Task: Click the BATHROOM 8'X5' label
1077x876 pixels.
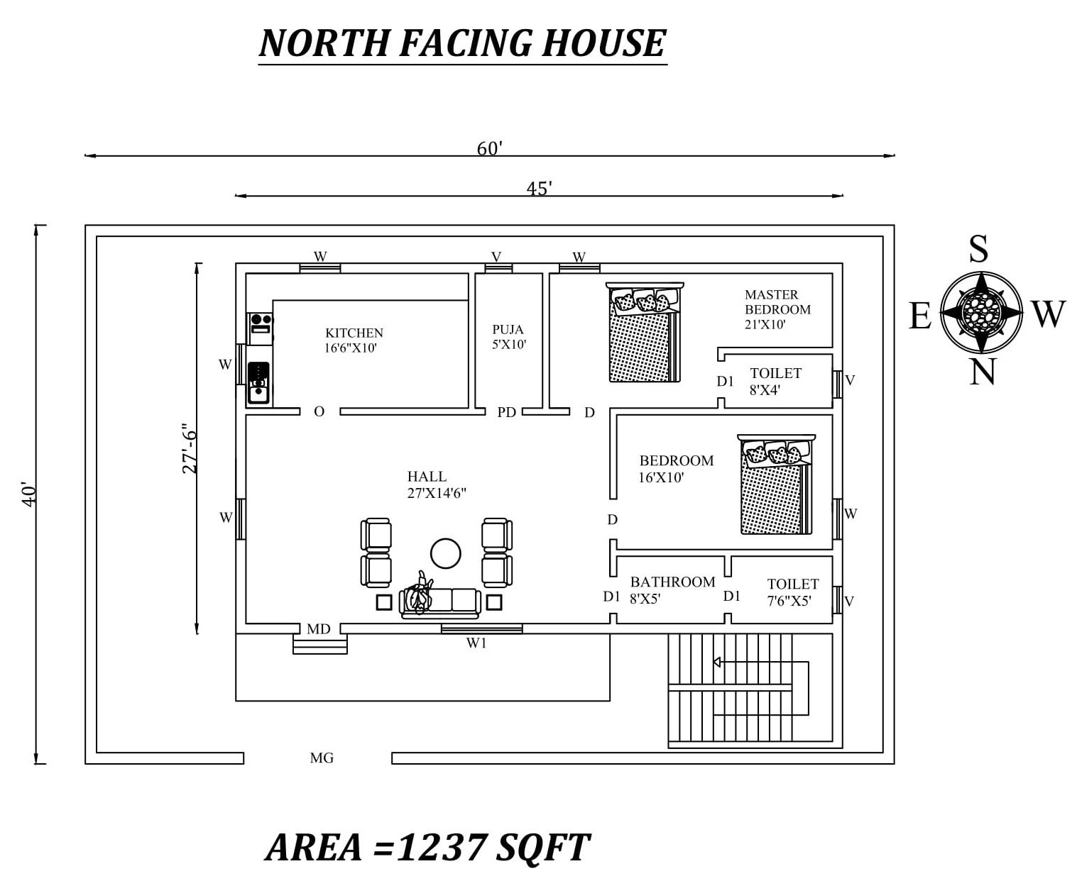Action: [x=672, y=590]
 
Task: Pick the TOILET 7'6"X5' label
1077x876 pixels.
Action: [x=792, y=592]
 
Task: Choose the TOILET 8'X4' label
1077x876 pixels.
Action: [x=775, y=382]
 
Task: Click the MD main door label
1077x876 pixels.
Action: [x=319, y=629]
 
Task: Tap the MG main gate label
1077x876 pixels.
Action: [x=322, y=758]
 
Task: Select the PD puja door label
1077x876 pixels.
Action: [x=506, y=412]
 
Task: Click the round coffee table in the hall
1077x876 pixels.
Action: [x=445, y=554]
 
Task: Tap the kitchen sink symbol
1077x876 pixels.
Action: [x=258, y=382]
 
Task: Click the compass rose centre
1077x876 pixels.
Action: [x=981, y=313]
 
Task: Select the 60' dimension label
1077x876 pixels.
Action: [x=489, y=148]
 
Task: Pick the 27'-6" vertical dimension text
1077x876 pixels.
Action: [x=189, y=448]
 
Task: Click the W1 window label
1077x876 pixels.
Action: [x=476, y=643]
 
